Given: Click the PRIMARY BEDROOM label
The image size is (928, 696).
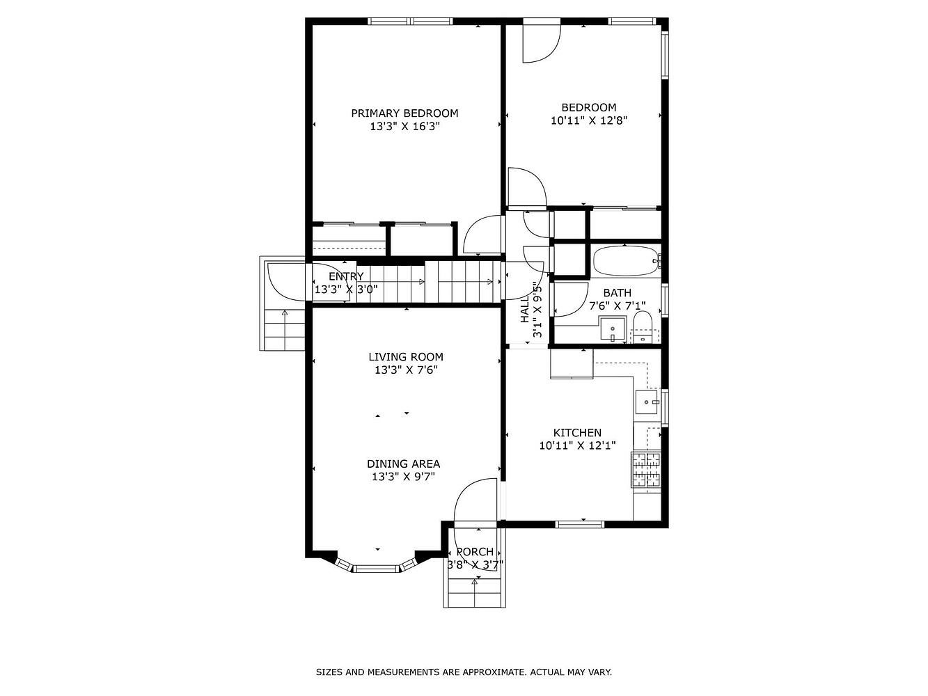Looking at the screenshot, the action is point(404,113).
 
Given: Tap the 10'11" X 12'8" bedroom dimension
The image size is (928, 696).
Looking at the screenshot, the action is point(588,120).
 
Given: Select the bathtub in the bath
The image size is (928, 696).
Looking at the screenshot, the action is point(627,261).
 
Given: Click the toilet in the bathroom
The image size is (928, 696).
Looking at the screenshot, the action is point(643,328).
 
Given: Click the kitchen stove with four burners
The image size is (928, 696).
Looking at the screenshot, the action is point(646,470).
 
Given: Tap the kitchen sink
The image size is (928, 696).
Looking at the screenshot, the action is point(647,402).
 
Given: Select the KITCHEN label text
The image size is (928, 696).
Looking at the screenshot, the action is point(577,433).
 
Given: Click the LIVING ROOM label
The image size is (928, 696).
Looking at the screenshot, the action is point(406,357).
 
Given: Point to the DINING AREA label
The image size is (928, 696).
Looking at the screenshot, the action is point(403,464).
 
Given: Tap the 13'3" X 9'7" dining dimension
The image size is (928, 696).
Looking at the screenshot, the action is point(403,477).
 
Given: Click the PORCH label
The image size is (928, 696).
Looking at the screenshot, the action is point(475,552).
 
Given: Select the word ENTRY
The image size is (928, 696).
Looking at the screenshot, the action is point(346,276).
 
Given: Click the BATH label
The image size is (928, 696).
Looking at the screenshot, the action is point(618,293).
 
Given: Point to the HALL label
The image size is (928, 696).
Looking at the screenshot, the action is point(525,309).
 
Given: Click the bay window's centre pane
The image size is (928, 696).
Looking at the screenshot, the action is point(376,569).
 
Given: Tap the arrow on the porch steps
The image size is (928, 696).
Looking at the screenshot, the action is point(474,593).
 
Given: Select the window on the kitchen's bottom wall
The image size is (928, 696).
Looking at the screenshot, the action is point(580,524).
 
